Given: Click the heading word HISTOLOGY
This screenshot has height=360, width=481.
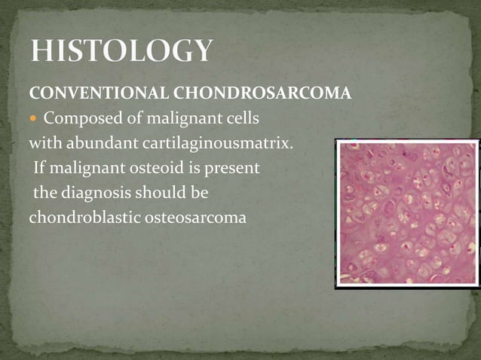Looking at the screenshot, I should [121, 52].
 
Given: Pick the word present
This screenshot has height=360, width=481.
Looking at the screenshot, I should [231, 167].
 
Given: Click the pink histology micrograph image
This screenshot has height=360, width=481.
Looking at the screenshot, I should [406, 213].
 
